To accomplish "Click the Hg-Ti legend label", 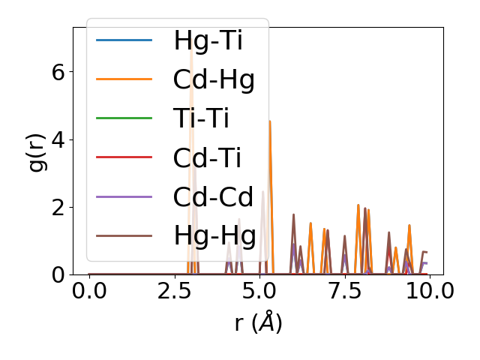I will [208, 40].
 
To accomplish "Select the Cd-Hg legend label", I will [214, 79].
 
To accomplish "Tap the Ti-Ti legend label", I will [200, 118].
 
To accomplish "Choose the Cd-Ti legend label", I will [207, 157].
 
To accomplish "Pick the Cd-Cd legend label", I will [213, 196].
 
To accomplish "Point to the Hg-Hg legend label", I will [214, 235].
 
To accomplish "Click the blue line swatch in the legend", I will [124, 40].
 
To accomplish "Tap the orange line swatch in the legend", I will [124, 79].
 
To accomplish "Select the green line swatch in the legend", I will [124, 118].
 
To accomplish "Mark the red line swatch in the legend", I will [124, 157].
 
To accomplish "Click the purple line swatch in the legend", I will [124, 196].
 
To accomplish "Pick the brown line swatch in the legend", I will [124, 235].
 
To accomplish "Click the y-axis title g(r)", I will [36, 151].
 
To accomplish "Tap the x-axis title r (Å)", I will [257, 323].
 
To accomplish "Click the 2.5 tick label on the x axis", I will [174, 291].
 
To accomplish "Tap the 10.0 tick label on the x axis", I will [429, 291].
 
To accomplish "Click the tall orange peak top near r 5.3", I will [270, 121].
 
